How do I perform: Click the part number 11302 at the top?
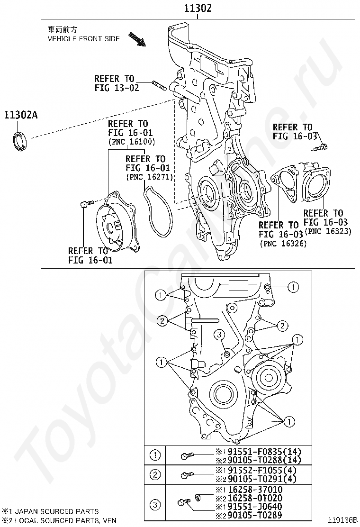click(198, 8)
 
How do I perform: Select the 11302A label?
click(21, 115)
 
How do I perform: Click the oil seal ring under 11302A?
click(21, 142)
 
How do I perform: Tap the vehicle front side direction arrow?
click(137, 39)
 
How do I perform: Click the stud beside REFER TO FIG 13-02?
click(160, 86)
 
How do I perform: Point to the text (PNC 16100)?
click(132, 142)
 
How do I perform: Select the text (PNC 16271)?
click(149, 177)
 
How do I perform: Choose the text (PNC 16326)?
click(283, 243)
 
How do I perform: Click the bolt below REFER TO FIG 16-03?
click(320, 147)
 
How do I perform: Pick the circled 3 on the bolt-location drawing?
click(219, 335)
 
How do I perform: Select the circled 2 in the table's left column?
click(155, 474)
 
